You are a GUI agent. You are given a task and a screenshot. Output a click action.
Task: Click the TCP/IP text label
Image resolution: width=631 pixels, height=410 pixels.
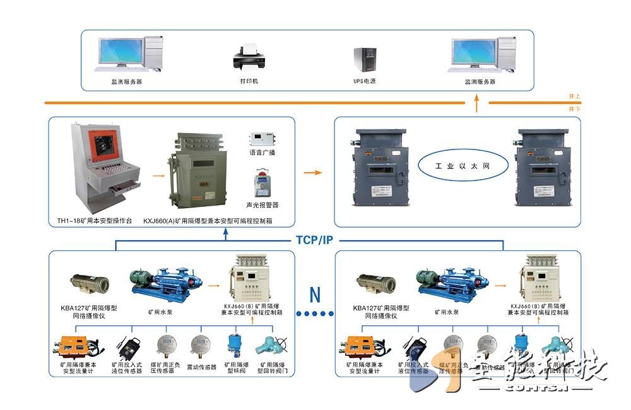pos(314,240)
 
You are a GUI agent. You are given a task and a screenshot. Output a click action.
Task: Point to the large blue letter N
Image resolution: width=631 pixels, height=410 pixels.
pos(315,294)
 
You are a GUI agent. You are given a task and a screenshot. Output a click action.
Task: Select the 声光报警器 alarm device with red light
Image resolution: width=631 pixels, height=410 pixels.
pos(261,184)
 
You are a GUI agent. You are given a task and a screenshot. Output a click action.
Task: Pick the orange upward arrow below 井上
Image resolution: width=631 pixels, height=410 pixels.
pos(477,104)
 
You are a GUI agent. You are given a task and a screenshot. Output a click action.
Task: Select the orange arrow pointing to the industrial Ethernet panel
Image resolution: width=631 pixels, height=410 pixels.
pos(312,172)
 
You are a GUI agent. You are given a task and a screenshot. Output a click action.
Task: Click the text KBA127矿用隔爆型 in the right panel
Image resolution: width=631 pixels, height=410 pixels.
pos(381,307)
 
